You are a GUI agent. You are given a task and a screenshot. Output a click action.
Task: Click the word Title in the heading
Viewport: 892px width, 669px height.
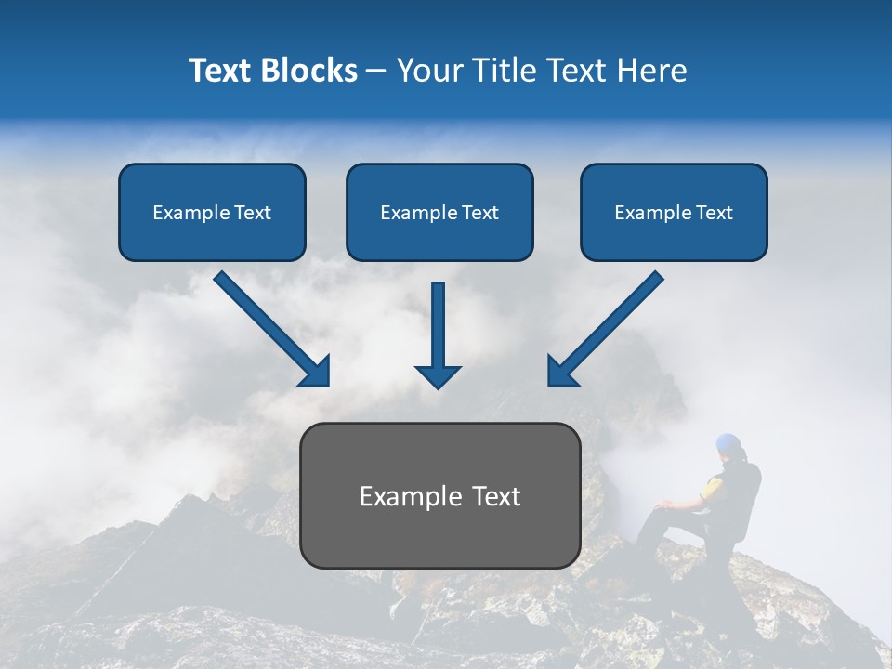pyautogui.click(x=507, y=70)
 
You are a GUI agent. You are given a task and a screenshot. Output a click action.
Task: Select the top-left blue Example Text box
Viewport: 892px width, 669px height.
pyautogui.click(x=212, y=212)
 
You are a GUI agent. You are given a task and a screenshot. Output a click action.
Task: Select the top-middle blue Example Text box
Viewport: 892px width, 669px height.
pyautogui.click(x=439, y=212)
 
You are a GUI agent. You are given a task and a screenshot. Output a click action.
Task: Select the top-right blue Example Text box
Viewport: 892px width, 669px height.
pyautogui.click(x=674, y=212)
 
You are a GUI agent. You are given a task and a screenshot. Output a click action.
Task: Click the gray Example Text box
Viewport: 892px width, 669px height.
pyautogui.click(x=439, y=495)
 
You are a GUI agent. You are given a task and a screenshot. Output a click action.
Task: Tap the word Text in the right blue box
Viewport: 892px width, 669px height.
pyautogui.click(x=714, y=212)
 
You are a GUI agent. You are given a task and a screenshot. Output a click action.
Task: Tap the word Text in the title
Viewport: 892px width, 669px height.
pyautogui.click(x=220, y=70)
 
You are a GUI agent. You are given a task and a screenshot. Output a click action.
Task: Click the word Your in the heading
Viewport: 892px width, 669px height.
pyautogui.click(x=428, y=70)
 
